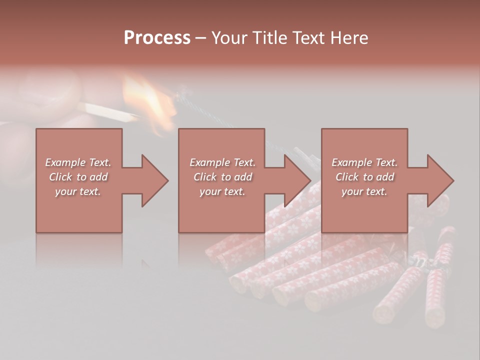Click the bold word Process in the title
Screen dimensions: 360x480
tap(157, 38)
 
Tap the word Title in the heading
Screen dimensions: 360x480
tap(268, 38)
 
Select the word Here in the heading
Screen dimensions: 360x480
tap(349, 38)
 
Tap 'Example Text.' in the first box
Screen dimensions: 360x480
tap(78, 162)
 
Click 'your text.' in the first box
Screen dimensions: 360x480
tap(78, 191)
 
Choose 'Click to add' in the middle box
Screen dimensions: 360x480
tap(222, 177)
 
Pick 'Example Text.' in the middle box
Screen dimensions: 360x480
tap(222, 162)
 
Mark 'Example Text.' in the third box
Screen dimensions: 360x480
tap(364, 162)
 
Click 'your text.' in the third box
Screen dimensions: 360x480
tap(364, 191)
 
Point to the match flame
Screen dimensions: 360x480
tap(150, 97)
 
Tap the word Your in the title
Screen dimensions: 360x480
tap(228, 38)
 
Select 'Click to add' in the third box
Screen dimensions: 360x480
tap(364, 177)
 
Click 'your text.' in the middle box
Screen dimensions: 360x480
tap(222, 191)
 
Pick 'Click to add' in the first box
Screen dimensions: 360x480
tap(78, 177)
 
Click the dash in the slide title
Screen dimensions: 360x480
tap(201, 38)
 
